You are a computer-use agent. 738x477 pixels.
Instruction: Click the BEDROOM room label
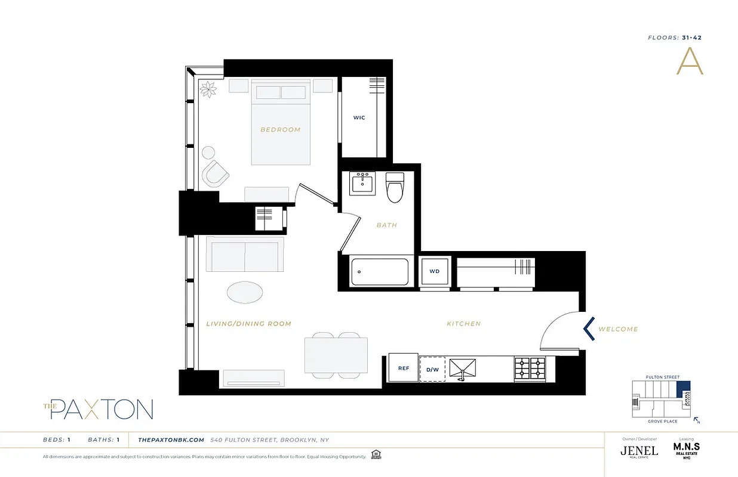[x=280, y=129]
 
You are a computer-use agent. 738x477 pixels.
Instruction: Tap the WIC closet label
[x=359, y=117]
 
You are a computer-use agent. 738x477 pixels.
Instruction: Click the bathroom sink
[x=362, y=183]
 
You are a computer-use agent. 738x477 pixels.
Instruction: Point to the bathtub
[x=380, y=272]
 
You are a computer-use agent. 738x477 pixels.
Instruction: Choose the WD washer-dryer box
[x=434, y=271]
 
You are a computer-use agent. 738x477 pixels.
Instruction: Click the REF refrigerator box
[x=404, y=368]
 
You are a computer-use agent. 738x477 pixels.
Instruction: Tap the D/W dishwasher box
[x=432, y=369]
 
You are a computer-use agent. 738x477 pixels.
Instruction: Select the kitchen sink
[x=463, y=368]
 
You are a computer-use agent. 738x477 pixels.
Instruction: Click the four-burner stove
[x=530, y=368]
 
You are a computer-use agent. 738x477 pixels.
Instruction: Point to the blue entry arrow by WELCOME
[x=589, y=329]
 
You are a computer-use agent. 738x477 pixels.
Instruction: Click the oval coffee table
[x=244, y=293]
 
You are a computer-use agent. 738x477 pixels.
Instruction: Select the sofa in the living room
[x=245, y=255]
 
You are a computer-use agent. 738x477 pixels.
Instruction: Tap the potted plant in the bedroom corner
[x=209, y=89]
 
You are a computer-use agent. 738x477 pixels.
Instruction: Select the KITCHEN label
[x=463, y=324]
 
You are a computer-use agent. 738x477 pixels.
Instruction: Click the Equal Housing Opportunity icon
[x=376, y=455]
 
